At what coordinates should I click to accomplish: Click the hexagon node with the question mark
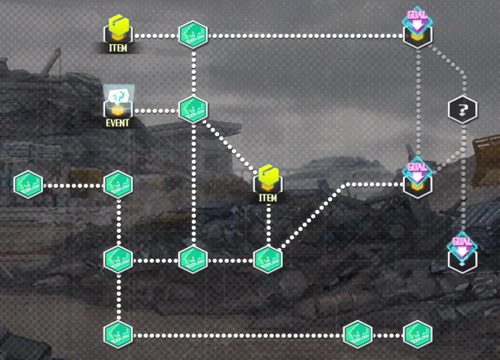pyautogui.click(x=463, y=110)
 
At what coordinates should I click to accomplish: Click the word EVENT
pyautogui.click(x=118, y=123)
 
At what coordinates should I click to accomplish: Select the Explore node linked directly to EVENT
pyautogui.click(x=193, y=110)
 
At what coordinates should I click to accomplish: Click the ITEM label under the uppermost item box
pyautogui.click(x=118, y=48)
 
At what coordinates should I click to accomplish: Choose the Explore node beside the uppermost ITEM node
pyautogui.click(x=193, y=35)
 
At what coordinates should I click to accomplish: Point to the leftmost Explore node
pyautogui.click(x=28, y=185)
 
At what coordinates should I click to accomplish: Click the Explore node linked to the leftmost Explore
pyautogui.click(x=118, y=185)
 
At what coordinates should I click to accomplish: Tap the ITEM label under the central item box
pyautogui.click(x=268, y=197)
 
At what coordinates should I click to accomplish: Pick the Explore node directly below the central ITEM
pyautogui.click(x=268, y=259)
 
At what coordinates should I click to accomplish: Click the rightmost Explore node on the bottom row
pyautogui.click(x=418, y=335)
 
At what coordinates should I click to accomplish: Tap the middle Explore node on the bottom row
pyautogui.click(x=358, y=335)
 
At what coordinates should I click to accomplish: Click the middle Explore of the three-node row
pyautogui.click(x=193, y=259)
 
